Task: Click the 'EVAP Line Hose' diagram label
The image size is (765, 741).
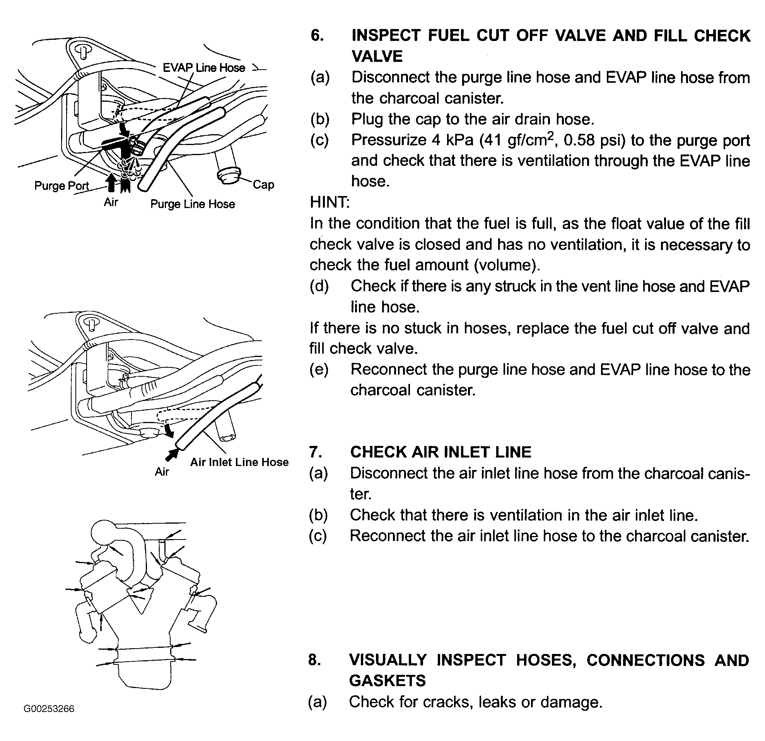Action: click(x=204, y=68)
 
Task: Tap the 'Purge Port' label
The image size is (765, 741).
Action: click(x=61, y=185)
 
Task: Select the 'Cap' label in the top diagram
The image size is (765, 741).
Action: click(x=263, y=184)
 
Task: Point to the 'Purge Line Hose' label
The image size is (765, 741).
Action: click(x=193, y=204)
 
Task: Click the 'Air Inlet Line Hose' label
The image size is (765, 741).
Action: click(x=239, y=462)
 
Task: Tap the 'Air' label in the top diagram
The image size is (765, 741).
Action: click(x=111, y=202)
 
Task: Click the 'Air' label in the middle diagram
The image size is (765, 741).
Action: click(x=162, y=472)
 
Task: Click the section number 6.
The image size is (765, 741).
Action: click(x=317, y=36)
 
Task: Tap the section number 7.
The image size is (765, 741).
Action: click(x=316, y=452)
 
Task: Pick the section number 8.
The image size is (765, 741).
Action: click(x=315, y=660)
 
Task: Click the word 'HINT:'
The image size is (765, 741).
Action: click(x=330, y=203)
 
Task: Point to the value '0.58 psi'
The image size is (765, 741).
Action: click(x=594, y=140)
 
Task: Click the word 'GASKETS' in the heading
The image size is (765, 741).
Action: click(x=387, y=681)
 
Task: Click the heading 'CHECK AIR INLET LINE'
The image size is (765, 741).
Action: click(x=441, y=452)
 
